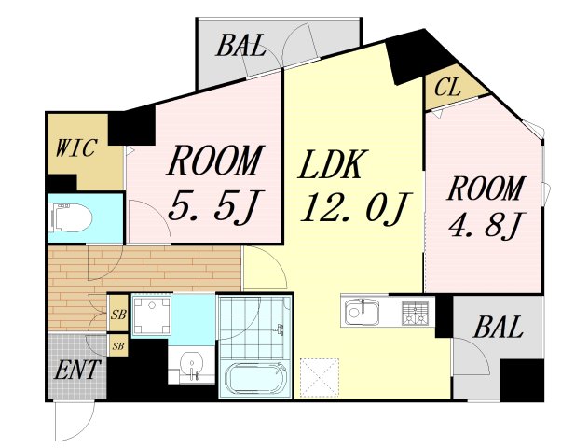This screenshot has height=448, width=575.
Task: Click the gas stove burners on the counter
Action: click(x=415, y=314)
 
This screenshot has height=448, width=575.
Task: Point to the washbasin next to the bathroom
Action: click(x=191, y=364)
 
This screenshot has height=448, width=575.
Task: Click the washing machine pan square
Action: click(x=152, y=315)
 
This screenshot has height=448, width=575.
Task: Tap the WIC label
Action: click(x=75, y=147)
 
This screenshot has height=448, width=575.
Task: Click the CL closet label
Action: click(x=447, y=88)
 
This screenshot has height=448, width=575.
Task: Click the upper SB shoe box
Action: click(x=118, y=315)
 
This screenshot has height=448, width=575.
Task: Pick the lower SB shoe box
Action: click(x=117, y=345)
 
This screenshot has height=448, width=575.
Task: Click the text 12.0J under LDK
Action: click(x=356, y=207)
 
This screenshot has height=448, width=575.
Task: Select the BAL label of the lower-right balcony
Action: click(x=498, y=327)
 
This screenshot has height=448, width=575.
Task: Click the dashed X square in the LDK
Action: click(x=320, y=378)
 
